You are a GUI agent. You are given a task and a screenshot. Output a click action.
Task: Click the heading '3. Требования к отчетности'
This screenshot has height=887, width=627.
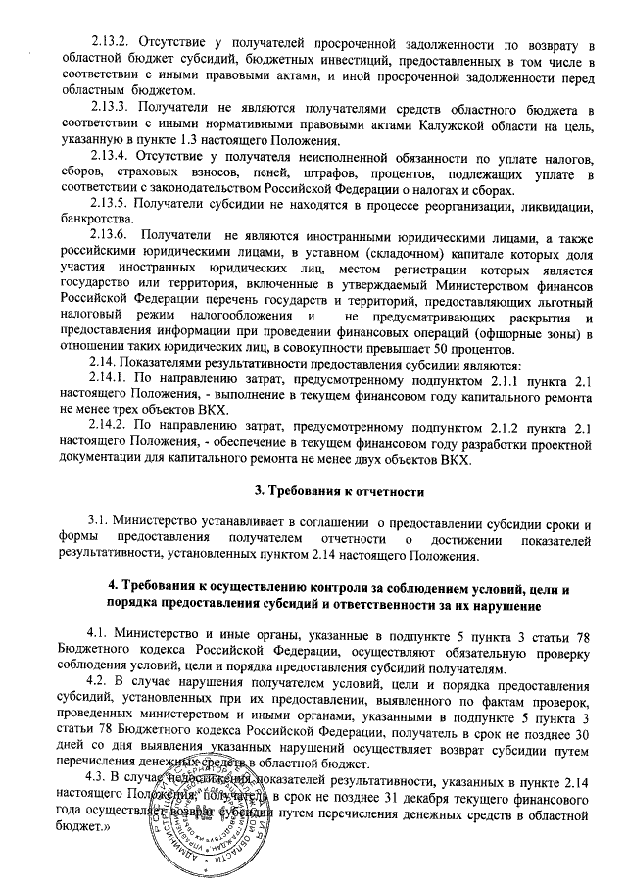(x=339, y=490)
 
